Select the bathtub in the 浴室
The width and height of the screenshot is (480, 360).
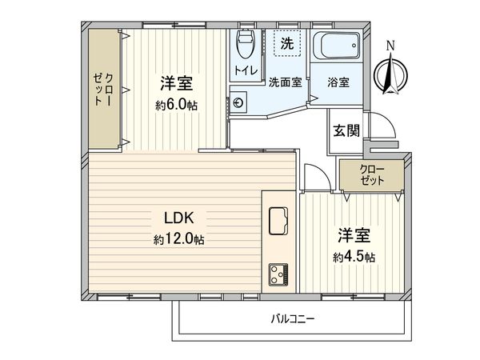[x=335, y=48]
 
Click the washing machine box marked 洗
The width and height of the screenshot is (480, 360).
[x=286, y=43]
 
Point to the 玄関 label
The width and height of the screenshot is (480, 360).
[x=346, y=130]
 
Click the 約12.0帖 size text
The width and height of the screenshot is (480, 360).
[x=179, y=240]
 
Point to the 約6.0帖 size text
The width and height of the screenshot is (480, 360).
[x=178, y=105]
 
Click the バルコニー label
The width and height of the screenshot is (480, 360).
[x=292, y=318]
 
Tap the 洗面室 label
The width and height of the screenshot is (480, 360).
[x=284, y=82]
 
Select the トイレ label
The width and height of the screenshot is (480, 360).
[x=245, y=70]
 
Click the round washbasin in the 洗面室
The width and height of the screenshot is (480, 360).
[x=238, y=102]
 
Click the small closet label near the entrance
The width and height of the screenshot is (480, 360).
[x=370, y=175]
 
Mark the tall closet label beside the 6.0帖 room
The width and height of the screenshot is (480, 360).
[x=103, y=89]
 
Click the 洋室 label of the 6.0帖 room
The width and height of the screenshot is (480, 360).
[x=178, y=83]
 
